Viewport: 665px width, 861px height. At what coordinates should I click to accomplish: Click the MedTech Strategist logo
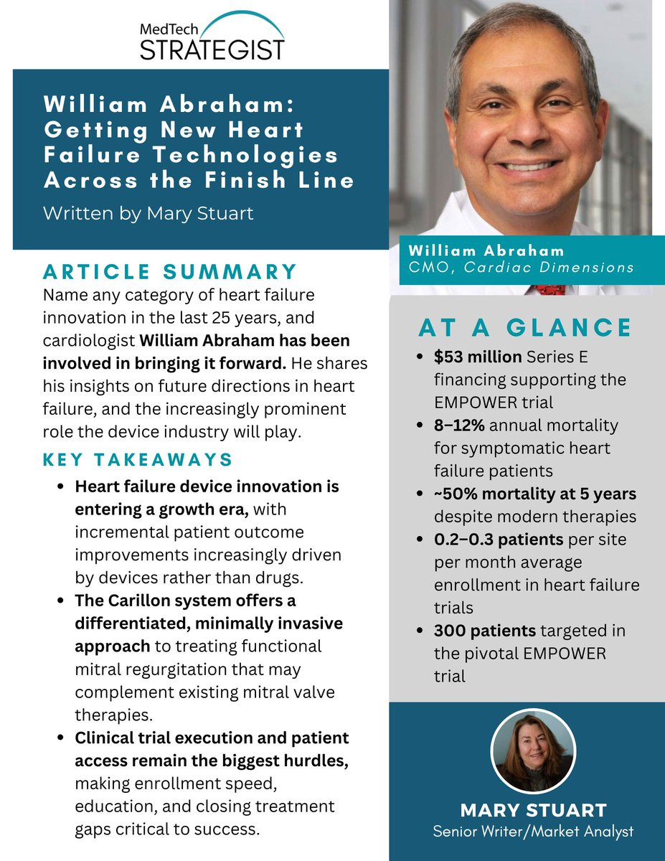point(212,37)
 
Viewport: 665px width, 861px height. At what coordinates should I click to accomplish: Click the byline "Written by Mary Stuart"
point(148,213)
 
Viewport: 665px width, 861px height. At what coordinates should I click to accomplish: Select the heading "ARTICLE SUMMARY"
point(170,272)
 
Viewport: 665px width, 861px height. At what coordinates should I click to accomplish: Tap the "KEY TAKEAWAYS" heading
point(138,460)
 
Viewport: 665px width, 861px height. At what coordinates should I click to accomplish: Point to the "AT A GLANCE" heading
point(524,327)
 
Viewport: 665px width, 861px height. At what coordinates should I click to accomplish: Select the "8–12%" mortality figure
point(460,425)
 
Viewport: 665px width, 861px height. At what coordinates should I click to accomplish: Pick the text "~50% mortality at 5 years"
point(534,494)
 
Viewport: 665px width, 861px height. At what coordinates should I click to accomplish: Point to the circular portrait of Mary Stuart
point(532,752)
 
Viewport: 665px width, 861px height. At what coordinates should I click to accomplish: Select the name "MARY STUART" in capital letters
point(532,811)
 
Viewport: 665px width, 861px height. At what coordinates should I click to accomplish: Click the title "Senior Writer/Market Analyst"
point(532,832)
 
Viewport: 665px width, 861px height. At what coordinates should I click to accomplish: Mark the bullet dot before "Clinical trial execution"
point(64,738)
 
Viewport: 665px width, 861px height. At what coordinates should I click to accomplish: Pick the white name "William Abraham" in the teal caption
point(486,250)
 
